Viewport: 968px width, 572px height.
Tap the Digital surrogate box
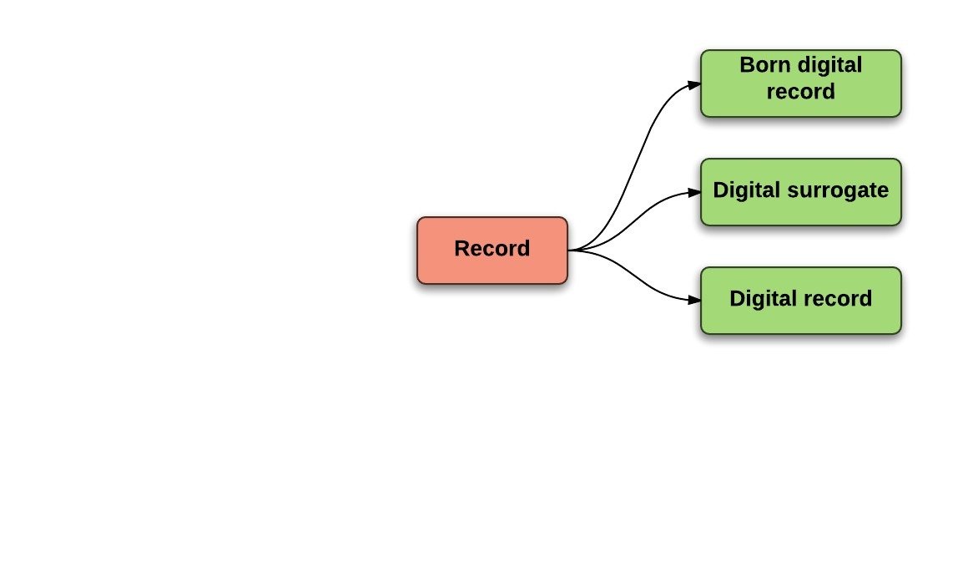tap(800, 210)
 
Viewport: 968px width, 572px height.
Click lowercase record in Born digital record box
tap(800, 92)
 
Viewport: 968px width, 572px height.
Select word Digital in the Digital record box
tap(762, 299)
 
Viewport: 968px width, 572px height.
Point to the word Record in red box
tap(492, 249)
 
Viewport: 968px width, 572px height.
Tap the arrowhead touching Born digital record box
tap(693, 84)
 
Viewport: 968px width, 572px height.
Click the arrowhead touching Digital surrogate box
tap(693, 192)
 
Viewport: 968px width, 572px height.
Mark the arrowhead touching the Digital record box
tap(693, 299)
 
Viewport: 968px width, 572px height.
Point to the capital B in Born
tap(746, 65)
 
